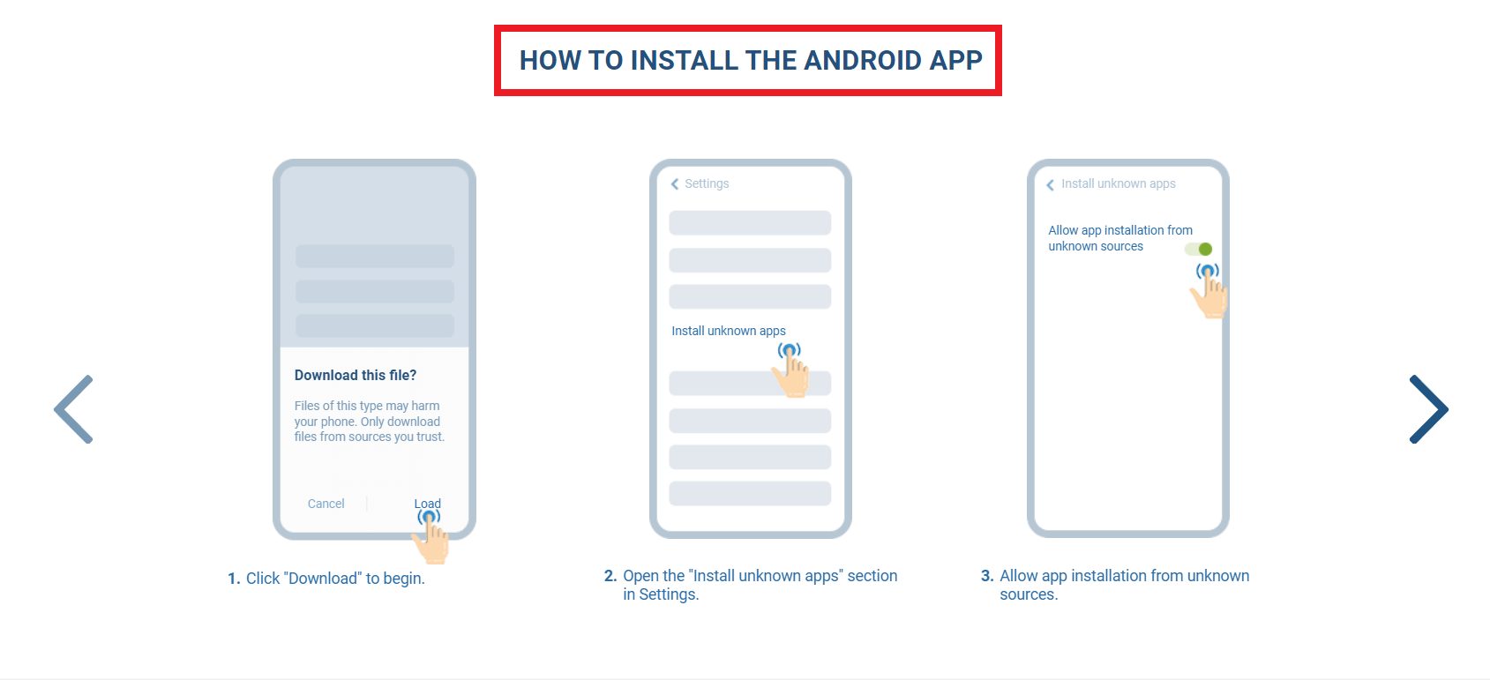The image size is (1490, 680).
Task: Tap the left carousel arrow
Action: (74, 409)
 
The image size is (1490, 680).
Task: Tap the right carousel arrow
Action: (1428, 409)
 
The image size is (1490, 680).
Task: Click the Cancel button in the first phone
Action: (326, 504)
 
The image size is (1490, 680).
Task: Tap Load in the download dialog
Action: (428, 504)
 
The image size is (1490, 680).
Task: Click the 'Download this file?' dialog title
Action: (356, 375)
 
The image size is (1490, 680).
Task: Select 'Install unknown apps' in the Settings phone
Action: (729, 331)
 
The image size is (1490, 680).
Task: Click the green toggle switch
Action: (1199, 250)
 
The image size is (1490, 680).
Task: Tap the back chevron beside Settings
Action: (675, 184)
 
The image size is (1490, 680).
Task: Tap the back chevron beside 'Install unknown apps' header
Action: (1050, 185)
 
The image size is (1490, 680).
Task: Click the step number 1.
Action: (234, 579)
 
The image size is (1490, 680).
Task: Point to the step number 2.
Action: (610, 576)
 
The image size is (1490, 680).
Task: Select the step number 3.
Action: (987, 576)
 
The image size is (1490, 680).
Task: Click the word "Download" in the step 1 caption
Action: (323, 579)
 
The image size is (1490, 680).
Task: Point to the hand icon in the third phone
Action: (1209, 294)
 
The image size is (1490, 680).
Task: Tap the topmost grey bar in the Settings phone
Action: (750, 222)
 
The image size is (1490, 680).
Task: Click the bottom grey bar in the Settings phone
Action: (750, 493)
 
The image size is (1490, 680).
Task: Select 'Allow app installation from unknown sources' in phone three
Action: (1119, 238)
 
